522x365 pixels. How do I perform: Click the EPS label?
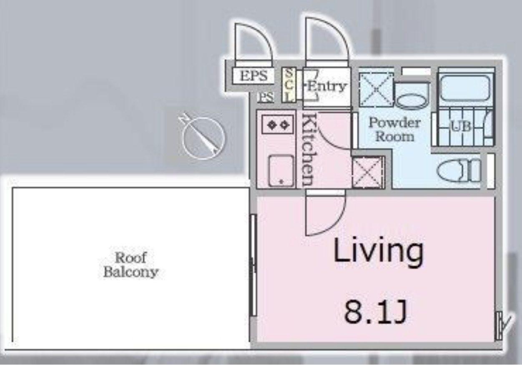pyautogui.click(x=253, y=75)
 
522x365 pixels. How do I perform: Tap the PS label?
pyautogui.click(x=266, y=97)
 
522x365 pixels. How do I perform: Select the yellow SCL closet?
pyautogui.click(x=289, y=85)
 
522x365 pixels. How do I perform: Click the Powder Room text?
pyautogui.click(x=395, y=130)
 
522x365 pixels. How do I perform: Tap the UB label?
pyautogui.click(x=460, y=127)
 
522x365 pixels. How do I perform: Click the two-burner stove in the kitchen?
pyautogui.click(x=277, y=125)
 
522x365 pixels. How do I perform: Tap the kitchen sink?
pyautogui.click(x=281, y=171)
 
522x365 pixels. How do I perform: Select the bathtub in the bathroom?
pyautogui.click(x=465, y=88)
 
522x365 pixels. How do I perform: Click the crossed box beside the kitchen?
pyautogui.click(x=368, y=172)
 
